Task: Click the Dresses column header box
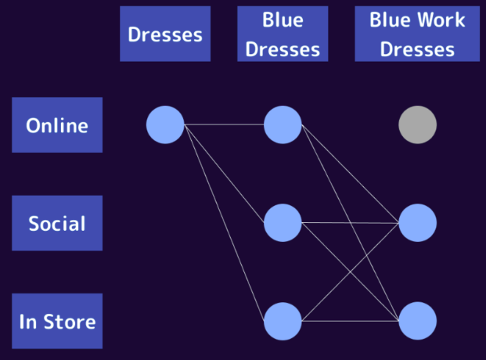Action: coord(165,34)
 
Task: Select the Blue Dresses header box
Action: coord(283,34)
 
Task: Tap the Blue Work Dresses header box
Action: coord(416,34)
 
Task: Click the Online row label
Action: coord(57,125)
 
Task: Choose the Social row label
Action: coord(57,223)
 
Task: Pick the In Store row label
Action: coord(57,321)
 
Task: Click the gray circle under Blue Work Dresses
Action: coord(417,124)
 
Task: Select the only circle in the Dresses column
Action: coord(165,124)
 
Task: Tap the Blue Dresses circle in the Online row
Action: coord(283,124)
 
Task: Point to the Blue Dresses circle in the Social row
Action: coord(283,223)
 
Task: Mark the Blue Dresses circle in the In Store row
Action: coord(283,321)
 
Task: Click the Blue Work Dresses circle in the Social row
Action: coord(417,223)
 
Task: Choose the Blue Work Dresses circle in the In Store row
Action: coord(417,321)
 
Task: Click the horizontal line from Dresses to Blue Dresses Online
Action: coord(224,124)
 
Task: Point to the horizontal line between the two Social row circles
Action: coord(350,223)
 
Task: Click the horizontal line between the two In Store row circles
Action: coord(350,321)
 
